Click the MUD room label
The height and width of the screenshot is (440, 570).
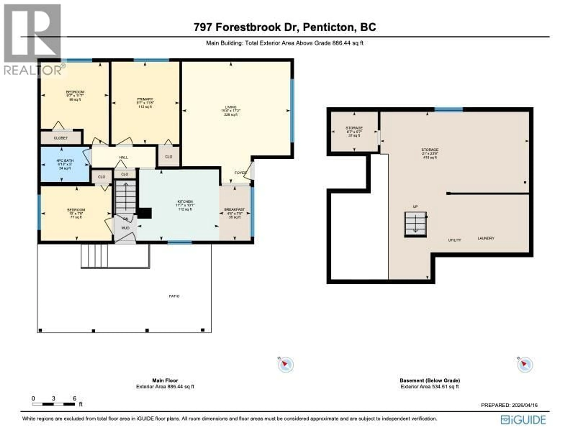point(125,228)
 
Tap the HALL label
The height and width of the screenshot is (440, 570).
point(123,157)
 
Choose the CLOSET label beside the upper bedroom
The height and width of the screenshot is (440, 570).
point(61,138)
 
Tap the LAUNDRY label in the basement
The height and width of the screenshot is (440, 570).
point(486,238)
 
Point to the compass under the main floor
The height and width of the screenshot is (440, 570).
point(286,365)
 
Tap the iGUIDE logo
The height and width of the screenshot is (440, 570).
point(523,420)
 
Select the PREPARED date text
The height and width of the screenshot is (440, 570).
point(509,405)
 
